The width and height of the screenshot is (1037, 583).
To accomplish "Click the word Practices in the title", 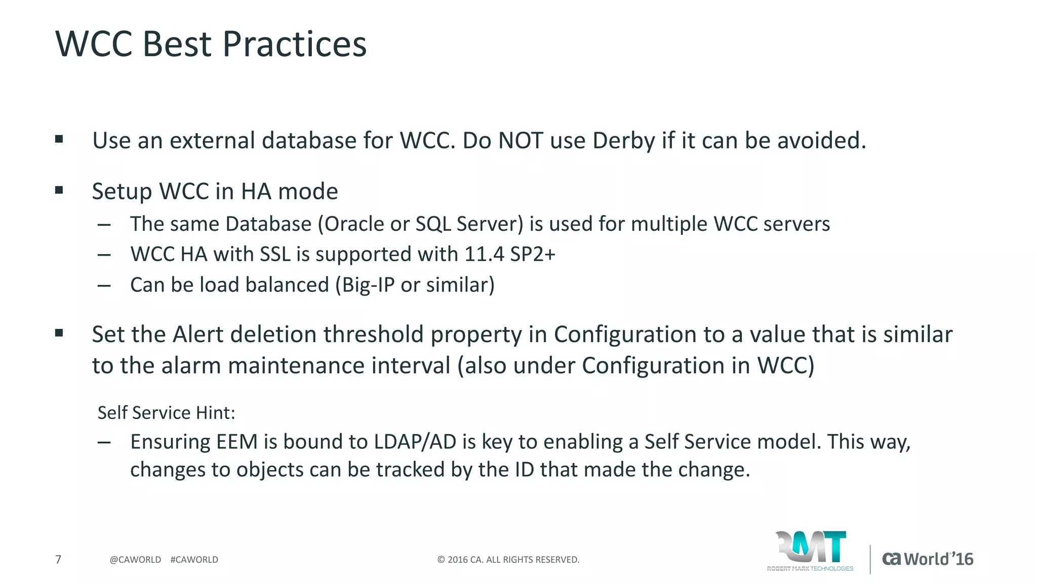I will pyautogui.click(x=294, y=45).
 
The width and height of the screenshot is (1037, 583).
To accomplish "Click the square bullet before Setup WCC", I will pyautogui.click(x=59, y=190).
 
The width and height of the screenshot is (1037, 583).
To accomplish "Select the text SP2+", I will pyautogui.click(x=533, y=254).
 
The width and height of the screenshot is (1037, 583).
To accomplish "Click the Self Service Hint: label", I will pyautogui.click(x=166, y=413).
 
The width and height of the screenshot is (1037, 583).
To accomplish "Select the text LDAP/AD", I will pyautogui.click(x=415, y=442).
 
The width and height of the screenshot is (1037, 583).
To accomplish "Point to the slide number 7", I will pyautogui.click(x=58, y=559).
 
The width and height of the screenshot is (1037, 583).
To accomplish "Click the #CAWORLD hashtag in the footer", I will pyautogui.click(x=194, y=560).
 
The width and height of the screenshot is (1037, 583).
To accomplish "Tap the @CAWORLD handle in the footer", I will pyautogui.click(x=135, y=560).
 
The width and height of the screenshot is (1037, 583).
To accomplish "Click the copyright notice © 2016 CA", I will pyautogui.click(x=508, y=560).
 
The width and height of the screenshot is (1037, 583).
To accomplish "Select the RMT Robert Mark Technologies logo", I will pyautogui.click(x=810, y=551).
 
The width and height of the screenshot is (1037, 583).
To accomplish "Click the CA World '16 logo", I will pyautogui.click(x=928, y=559).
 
